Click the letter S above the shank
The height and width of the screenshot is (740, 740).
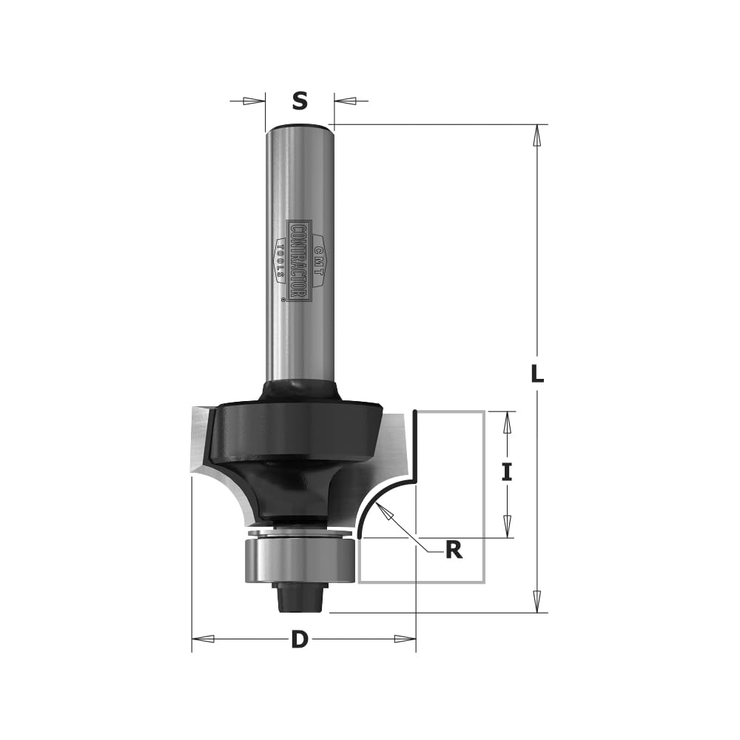pos(300,101)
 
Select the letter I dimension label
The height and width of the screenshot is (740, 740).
pos(507,472)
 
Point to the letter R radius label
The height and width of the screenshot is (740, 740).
pos(454,550)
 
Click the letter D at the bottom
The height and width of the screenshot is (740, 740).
pos(299,640)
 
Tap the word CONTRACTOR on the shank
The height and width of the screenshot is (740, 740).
pos(299,261)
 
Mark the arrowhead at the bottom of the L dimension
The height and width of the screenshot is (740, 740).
pos(537,602)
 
